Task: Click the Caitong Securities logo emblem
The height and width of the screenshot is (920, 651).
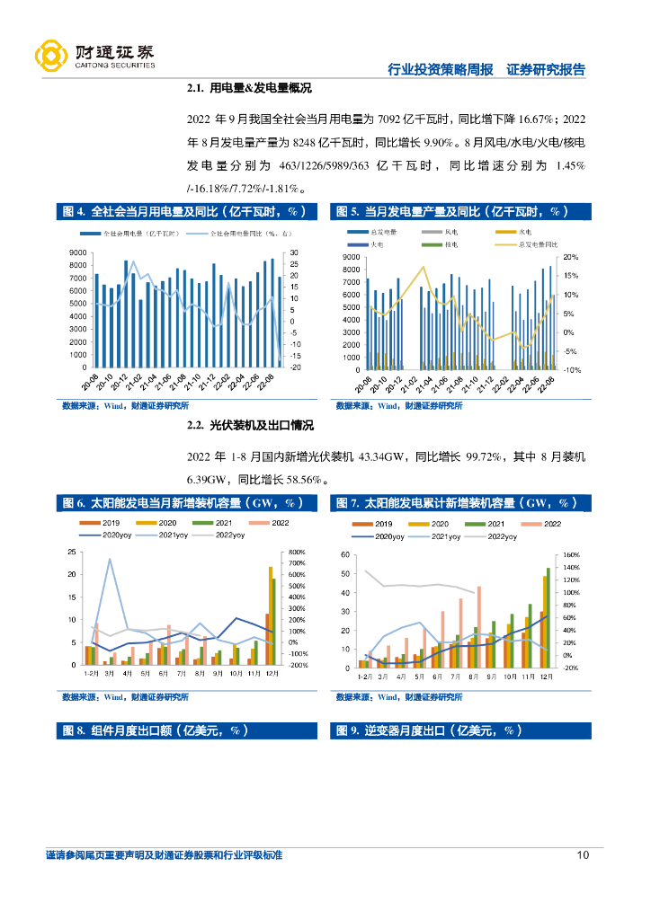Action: coord(50,56)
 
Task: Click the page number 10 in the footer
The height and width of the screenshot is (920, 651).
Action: coord(583,854)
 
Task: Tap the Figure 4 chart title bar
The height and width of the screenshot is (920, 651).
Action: coord(187,212)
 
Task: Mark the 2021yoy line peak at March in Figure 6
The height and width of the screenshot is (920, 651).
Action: coord(110,559)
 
